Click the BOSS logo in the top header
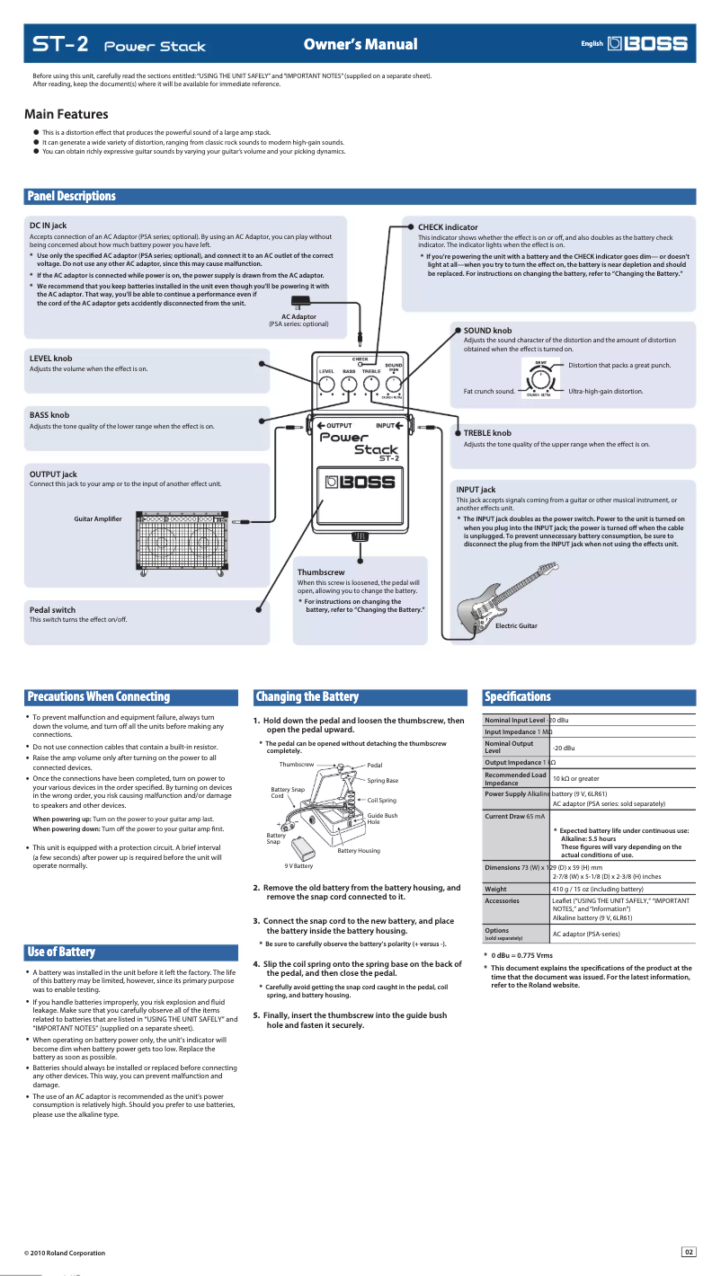647,43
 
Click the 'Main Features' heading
67,114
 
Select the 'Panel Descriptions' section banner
72,196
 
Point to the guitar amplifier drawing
181,543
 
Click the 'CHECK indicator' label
448,227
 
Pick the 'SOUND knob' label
488,331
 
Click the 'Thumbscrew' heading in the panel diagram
321,572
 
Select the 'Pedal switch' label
52,609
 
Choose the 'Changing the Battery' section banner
307,696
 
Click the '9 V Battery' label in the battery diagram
298,865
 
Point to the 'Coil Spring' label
381,800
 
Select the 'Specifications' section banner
517,696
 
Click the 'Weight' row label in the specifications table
495,889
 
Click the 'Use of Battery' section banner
61,952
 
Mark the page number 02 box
689,1252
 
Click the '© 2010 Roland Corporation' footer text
65,1253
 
